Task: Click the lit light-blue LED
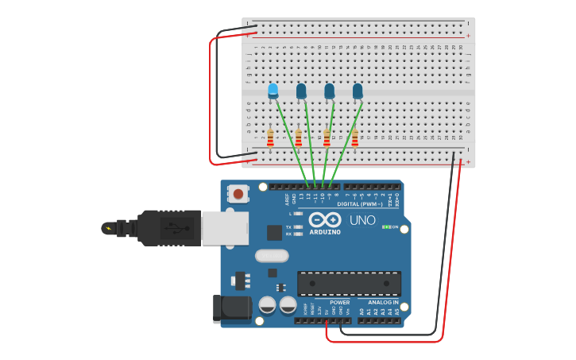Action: point(273,90)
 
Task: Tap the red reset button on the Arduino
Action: point(238,193)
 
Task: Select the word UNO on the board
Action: point(362,219)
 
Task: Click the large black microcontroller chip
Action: point(349,284)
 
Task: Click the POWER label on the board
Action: point(339,303)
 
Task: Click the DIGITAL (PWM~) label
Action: point(360,204)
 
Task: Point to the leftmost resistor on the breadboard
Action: point(270,138)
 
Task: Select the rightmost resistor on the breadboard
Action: point(355,138)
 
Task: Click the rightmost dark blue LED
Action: point(358,91)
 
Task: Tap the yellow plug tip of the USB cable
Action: point(107,229)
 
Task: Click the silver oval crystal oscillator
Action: point(272,256)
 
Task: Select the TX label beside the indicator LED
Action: point(288,226)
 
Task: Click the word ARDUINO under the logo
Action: point(325,232)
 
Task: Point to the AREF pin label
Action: point(288,199)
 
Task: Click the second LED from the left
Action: point(301,91)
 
